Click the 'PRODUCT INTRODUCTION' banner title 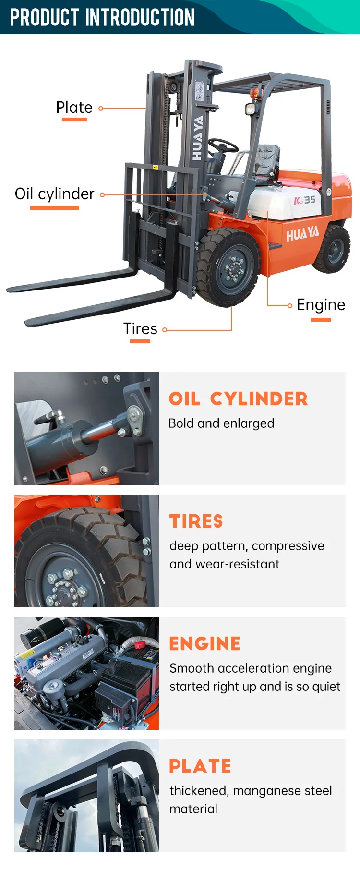click(x=102, y=17)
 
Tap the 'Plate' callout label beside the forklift click(x=74, y=107)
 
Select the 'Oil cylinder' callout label click(x=55, y=194)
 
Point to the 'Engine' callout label click(x=321, y=305)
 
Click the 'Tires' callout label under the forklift click(x=140, y=329)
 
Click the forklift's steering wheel click(x=223, y=145)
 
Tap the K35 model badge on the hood click(x=305, y=200)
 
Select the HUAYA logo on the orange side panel click(x=303, y=234)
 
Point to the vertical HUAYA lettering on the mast click(x=197, y=138)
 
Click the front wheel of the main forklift click(x=228, y=267)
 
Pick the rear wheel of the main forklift click(x=333, y=249)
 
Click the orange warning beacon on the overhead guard click(x=255, y=93)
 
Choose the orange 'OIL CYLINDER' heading click(x=238, y=399)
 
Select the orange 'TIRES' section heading click(x=196, y=521)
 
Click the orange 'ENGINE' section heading click(x=205, y=644)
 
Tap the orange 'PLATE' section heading click(x=200, y=766)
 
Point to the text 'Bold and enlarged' click(x=221, y=423)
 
